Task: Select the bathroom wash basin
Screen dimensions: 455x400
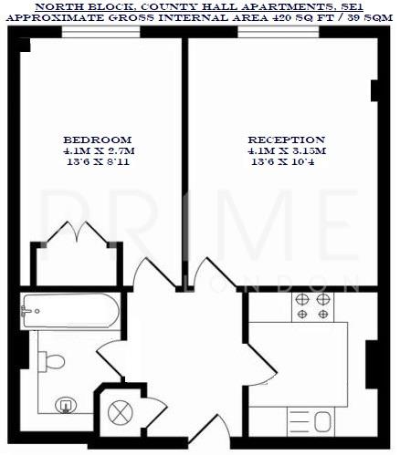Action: click(65, 404)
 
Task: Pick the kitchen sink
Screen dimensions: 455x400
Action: click(321, 421)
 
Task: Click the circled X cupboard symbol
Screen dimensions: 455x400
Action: click(121, 412)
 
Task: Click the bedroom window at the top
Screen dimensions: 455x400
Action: click(101, 32)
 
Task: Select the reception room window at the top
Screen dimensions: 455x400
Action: click(279, 32)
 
